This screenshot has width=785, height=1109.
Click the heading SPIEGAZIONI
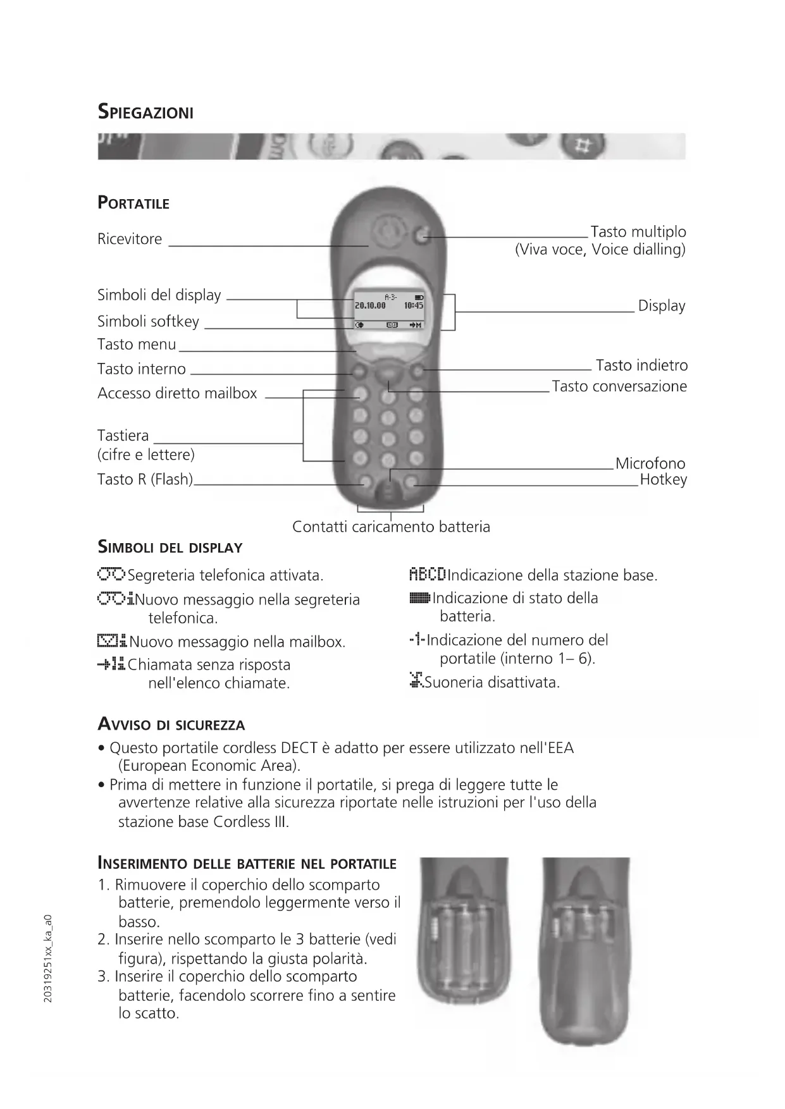click(x=145, y=113)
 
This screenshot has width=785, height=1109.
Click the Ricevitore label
click(x=130, y=239)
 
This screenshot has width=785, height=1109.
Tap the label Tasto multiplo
click(x=638, y=231)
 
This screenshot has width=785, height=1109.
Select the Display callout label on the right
click(x=661, y=306)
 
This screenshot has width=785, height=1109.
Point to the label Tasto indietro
click(x=641, y=365)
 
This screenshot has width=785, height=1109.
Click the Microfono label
click(x=650, y=463)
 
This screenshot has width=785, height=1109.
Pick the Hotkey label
click(x=663, y=479)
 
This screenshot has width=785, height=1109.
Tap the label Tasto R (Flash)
click(x=145, y=479)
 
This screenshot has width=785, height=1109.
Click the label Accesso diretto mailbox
click(x=177, y=393)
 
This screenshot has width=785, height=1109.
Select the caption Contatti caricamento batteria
click(x=391, y=527)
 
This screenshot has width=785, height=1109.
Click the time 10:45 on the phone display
click(x=414, y=305)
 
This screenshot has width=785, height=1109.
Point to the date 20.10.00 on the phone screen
click(x=370, y=305)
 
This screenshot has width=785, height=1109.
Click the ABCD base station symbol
click(x=428, y=575)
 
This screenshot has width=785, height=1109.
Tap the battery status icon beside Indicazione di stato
click(x=420, y=598)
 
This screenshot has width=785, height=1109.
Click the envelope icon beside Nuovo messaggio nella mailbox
click(x=112, y=642)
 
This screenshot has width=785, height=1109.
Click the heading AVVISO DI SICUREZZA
click(x=171, y=725)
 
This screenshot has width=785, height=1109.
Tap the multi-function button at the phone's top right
click(x=422, y=236)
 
